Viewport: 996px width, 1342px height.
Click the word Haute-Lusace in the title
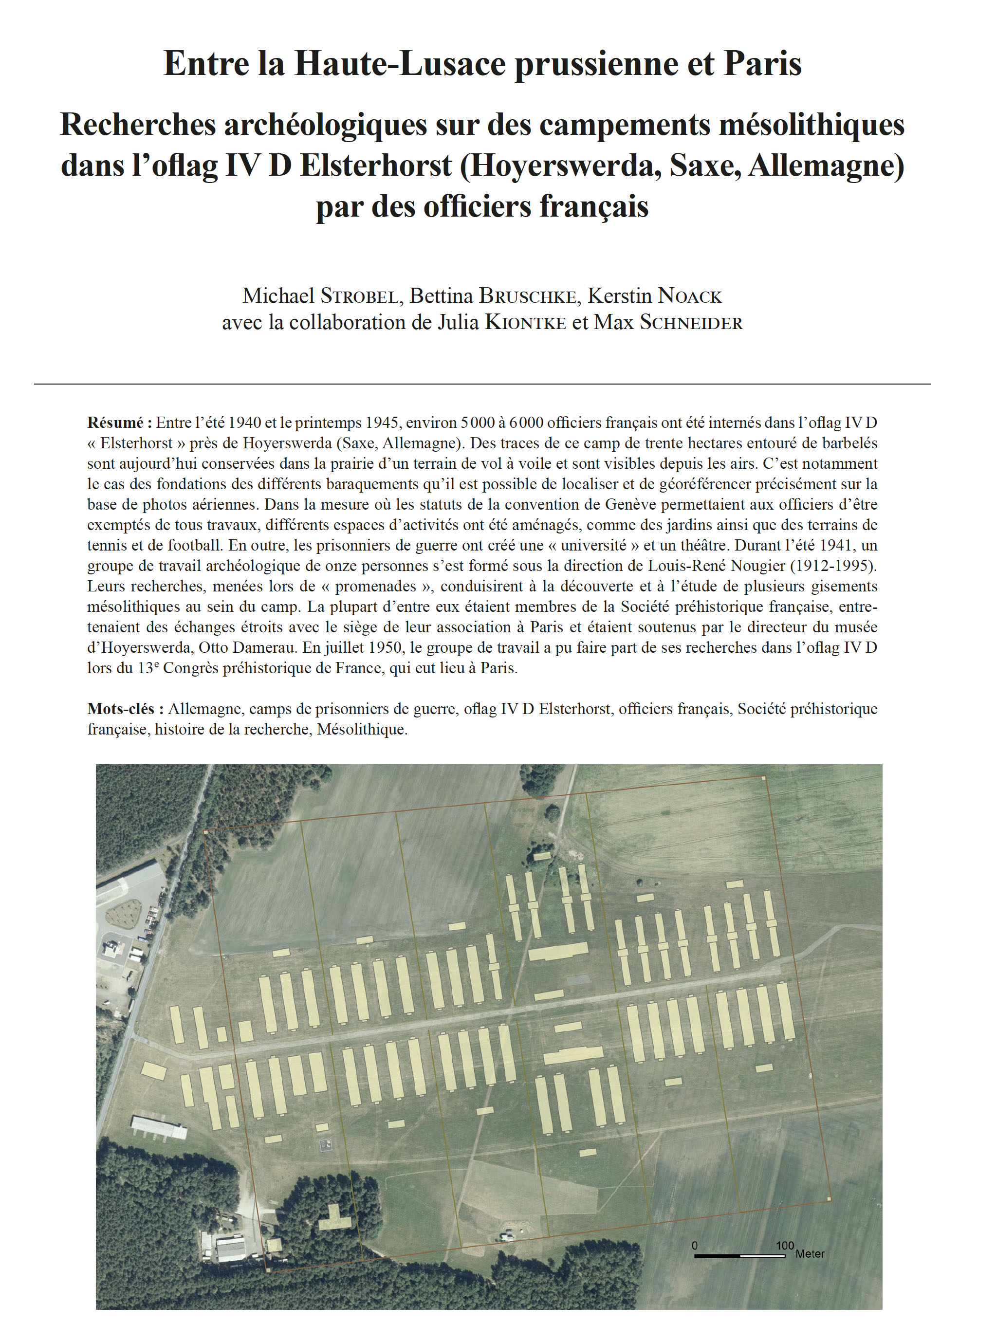tap(399, 64)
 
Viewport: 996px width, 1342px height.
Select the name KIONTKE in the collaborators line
tap(526, 323)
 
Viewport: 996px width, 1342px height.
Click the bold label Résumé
tap(119, 423)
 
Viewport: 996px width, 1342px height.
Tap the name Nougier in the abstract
tap(756, 566)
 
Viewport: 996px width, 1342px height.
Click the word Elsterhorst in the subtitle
tap(376, 165)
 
